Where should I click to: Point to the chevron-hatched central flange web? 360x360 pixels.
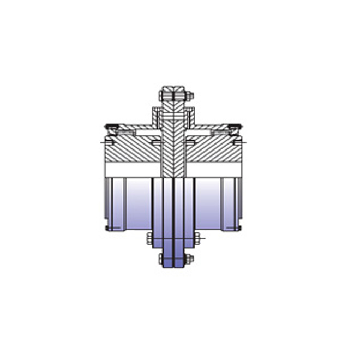[175, 147]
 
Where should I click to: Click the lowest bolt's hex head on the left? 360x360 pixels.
[161, 259]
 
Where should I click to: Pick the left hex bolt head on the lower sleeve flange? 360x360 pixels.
[149, 238]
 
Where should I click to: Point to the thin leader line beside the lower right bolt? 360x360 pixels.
[201, 239]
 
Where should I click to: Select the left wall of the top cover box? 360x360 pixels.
[155, 117]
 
